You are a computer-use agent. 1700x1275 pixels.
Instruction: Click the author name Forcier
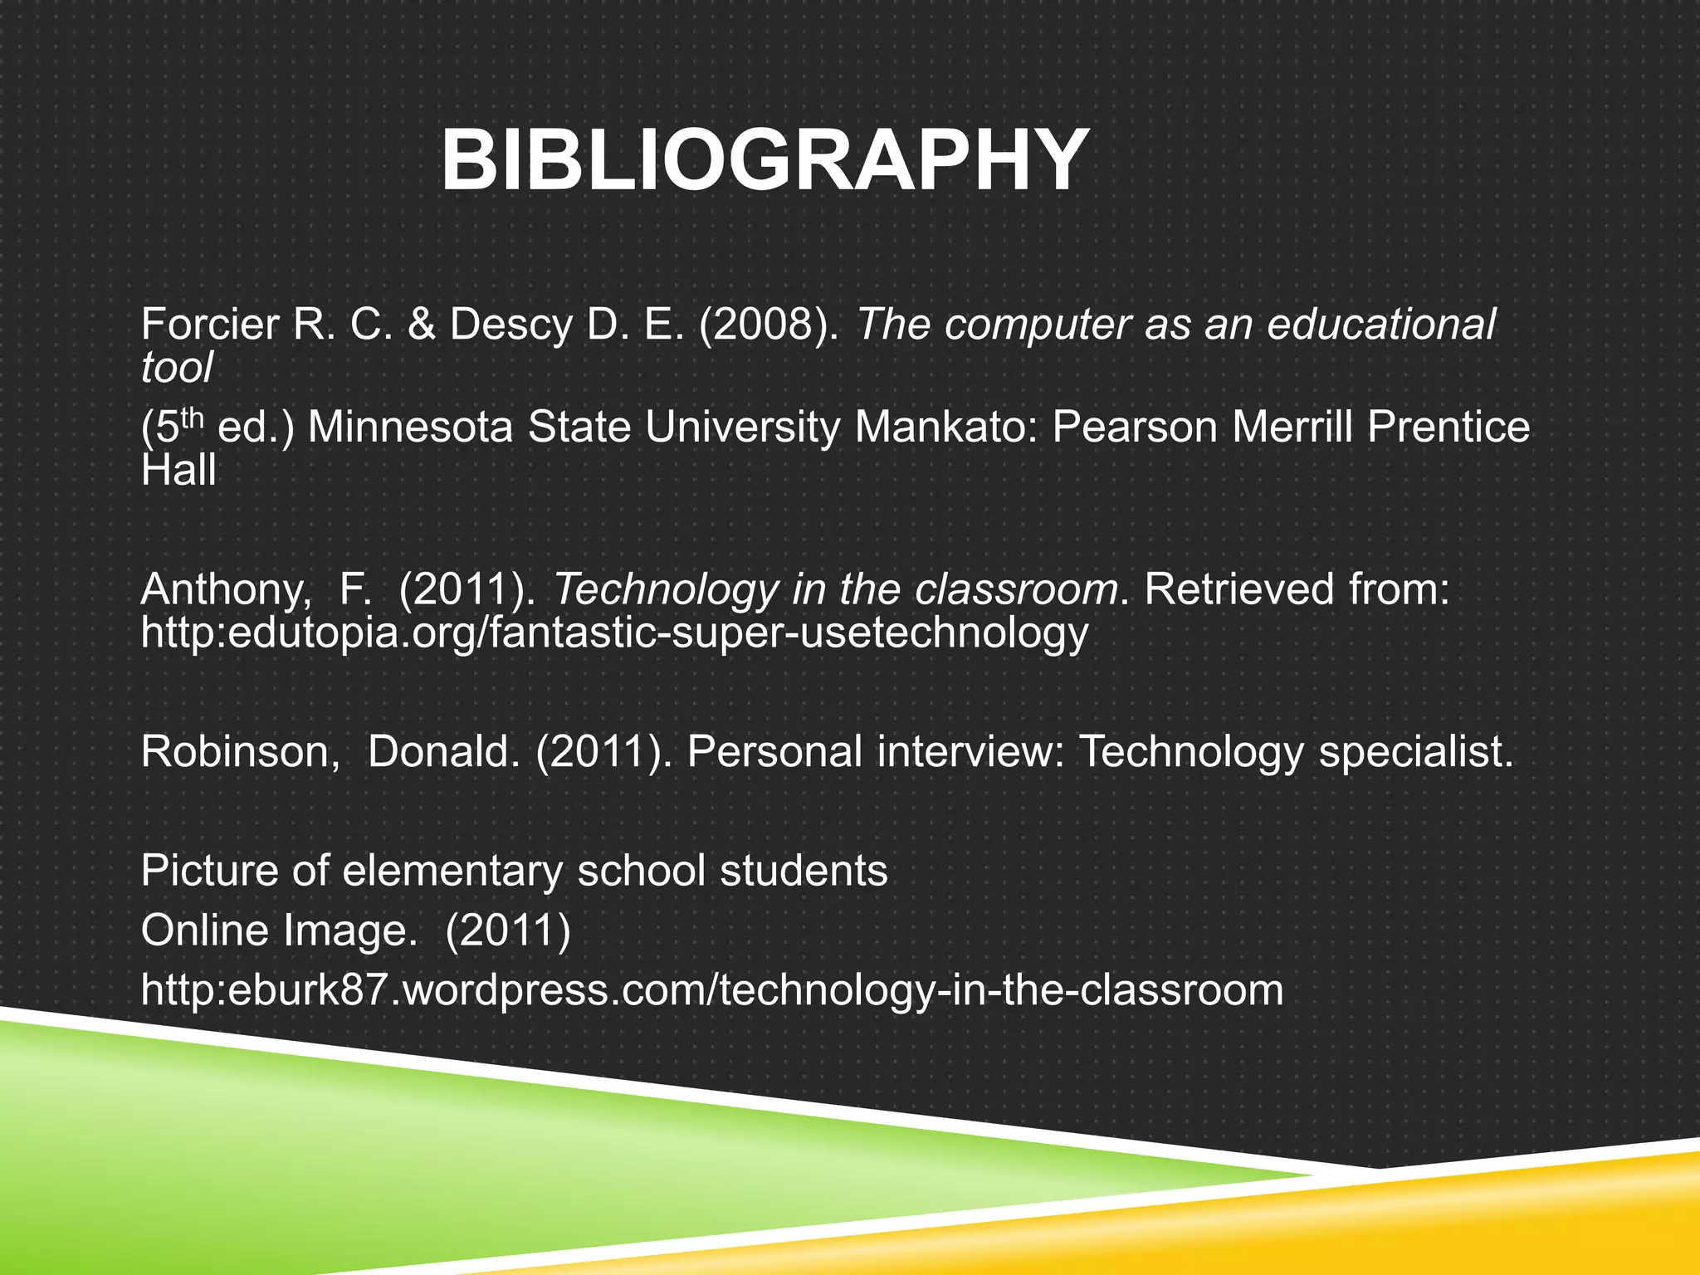209,325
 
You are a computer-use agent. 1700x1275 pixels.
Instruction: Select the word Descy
510,325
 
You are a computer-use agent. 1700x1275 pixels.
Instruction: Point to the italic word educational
1381,325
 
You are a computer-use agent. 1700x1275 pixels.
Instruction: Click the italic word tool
177,367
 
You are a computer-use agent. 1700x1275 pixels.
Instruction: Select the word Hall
178,470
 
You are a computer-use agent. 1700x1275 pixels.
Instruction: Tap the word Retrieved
1239,590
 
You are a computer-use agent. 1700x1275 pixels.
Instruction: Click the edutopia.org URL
614,633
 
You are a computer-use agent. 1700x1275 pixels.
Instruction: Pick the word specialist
1416,752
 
